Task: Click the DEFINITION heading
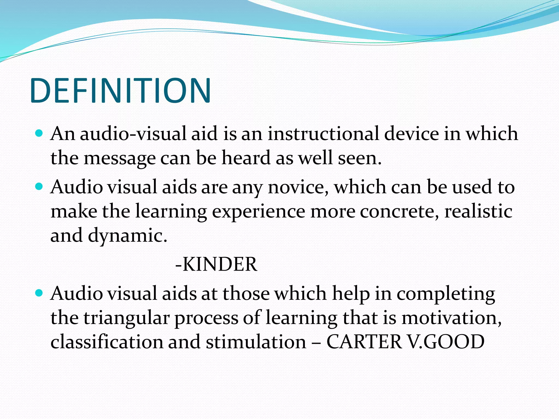[120, 91]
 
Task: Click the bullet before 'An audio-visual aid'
[39, 133]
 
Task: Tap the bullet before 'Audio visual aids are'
[39, 187]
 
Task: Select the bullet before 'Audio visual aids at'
[39, 293]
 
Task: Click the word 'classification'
[107, 342]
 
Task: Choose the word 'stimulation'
[256, 342]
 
